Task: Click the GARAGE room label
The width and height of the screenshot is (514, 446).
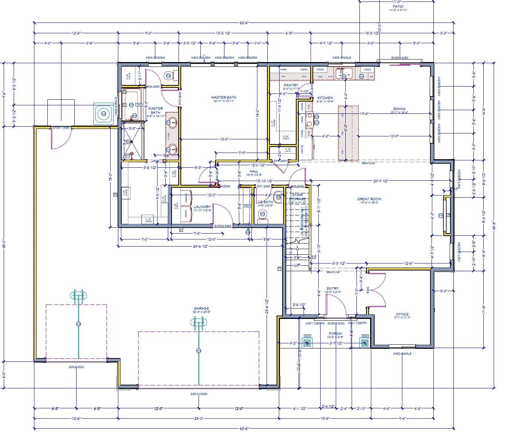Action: pyautogui.click(x=202, y=308)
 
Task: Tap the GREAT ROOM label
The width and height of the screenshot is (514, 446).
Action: pyautogui.click(x=369, y=199)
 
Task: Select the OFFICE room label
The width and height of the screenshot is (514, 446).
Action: pyautogui.click(x=402, y=314)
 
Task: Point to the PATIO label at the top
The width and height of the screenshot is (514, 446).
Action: pyautogui.click(x=398, y=6)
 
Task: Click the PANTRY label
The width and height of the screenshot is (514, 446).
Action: pyautogui.click(x=291, y=85)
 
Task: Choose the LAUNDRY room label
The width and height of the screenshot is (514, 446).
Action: pyautogui.click(x=202, y=207)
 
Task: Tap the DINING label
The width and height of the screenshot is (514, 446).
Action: pyautogui.click(x=399, y=109)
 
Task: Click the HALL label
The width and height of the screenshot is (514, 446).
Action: pyautogui.click(x=254, y=171)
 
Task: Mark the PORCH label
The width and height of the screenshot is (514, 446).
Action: pyautogui.click(x=335, y=333)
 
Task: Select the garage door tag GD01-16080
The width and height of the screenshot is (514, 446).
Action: pyautogui.click(x=199, y=394)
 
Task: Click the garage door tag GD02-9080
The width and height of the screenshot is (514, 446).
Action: pyautogui.click(x=76, y=367)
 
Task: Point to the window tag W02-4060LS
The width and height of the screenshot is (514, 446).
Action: pyautogui.click(x=402, y=354)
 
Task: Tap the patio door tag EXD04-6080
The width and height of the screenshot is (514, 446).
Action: pyautogui.click(x=400, y=58)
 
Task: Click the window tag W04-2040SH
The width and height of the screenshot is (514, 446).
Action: pyautogui.click(x=155, y=58)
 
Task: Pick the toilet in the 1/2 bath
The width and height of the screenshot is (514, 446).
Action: pyautogui.click(x=263, y=214)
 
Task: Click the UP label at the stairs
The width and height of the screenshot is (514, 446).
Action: pyautogui.click(x=297, y=265)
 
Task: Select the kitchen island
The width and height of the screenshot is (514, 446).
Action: pyautogui.click(x=348, y=133)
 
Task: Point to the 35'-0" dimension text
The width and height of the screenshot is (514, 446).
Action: pyautogui.click(x=4, y=244)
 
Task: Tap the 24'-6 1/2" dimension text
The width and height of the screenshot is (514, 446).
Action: pyautogui.click(x=200, y=246)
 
